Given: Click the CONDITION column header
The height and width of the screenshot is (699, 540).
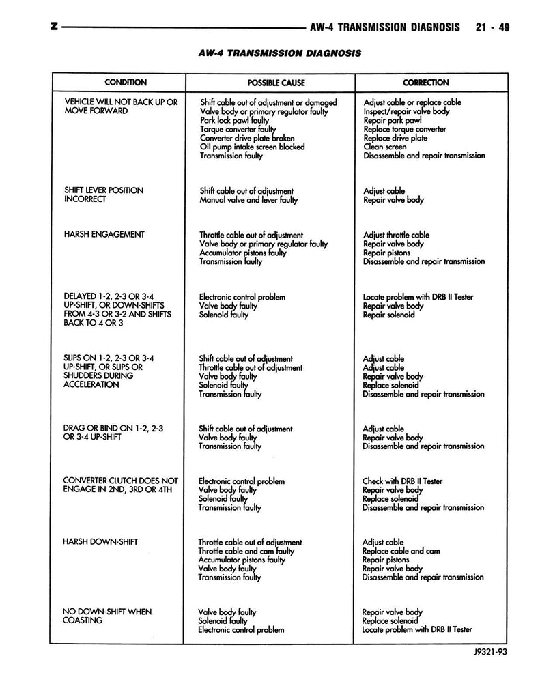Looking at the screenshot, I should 125,83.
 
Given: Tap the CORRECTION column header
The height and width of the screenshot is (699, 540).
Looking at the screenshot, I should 426,83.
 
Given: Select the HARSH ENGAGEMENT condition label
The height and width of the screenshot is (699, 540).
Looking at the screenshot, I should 104,234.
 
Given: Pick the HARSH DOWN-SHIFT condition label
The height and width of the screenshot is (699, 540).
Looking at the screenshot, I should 100,541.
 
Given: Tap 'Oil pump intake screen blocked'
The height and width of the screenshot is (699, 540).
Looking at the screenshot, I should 252,147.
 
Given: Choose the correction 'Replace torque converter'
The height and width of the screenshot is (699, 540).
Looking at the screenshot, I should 405,129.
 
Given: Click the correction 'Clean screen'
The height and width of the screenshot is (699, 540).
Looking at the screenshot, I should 384,147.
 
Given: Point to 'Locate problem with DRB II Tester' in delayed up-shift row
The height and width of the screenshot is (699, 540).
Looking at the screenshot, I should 418,297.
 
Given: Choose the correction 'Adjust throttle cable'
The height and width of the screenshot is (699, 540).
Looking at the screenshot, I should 396,235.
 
